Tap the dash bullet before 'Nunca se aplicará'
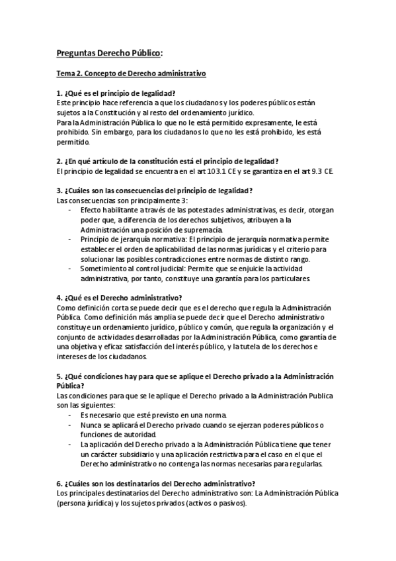coord(71,425)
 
